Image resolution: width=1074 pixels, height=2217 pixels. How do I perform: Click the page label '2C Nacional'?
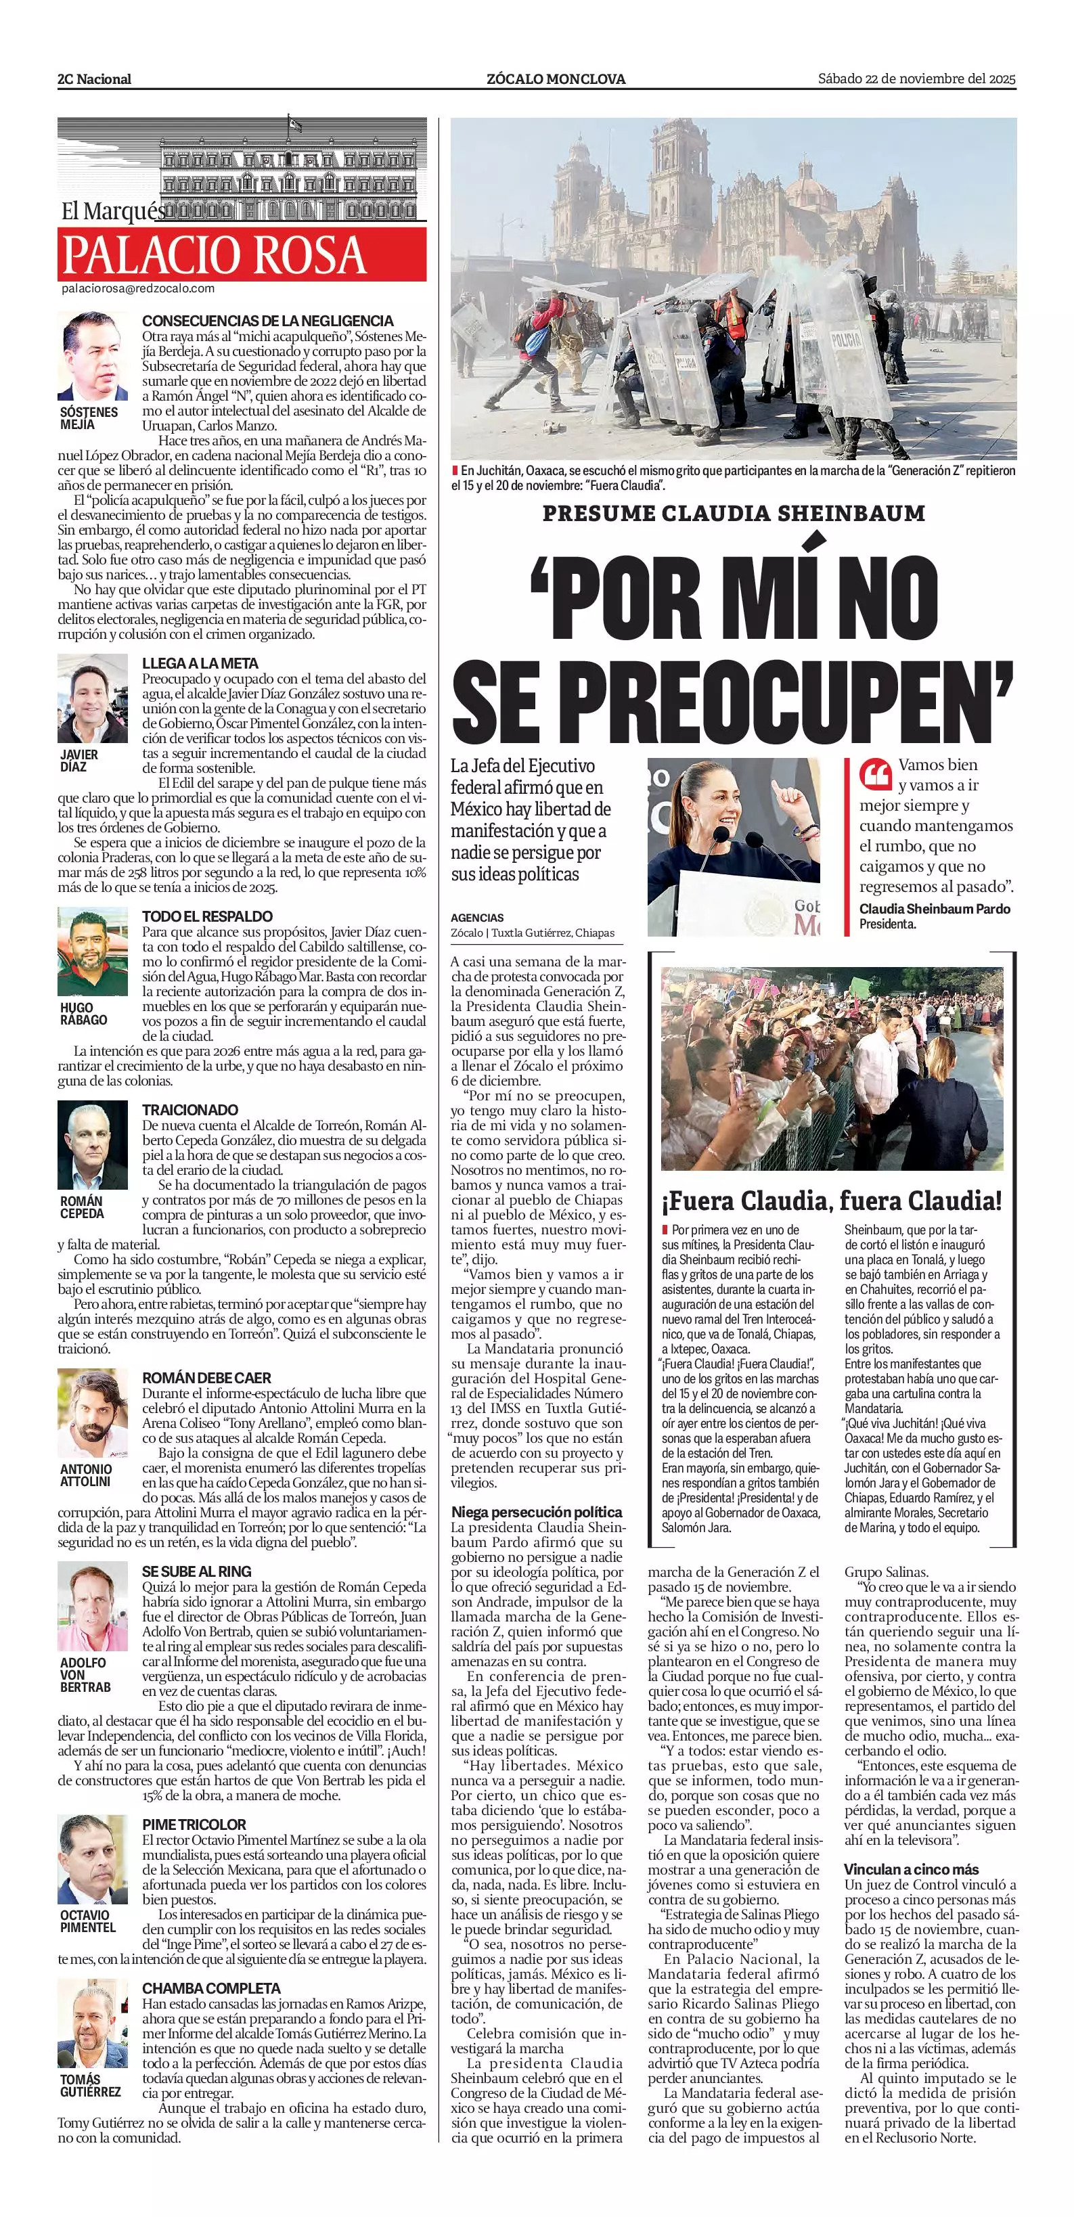coord(95,79)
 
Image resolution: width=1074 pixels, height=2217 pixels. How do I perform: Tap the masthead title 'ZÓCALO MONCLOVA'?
coord(556,79)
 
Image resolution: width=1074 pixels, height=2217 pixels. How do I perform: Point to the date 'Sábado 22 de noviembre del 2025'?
coord(916,79)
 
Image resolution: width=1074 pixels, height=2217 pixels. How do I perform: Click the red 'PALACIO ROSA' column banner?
coord(242,254)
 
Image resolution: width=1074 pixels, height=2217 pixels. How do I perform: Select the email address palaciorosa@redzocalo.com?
coord(137,289)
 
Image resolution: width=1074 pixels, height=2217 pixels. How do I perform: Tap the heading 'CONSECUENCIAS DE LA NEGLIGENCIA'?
coord(267,321)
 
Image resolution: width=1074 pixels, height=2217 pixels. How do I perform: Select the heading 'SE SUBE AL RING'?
coord(196,1571)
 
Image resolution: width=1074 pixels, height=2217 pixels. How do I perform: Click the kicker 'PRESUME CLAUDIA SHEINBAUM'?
coord(733,514)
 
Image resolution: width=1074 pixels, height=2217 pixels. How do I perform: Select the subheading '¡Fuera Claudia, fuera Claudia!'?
coord(833,1201)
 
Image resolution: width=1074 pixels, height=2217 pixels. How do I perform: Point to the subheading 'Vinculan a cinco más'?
coord(910,1869)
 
